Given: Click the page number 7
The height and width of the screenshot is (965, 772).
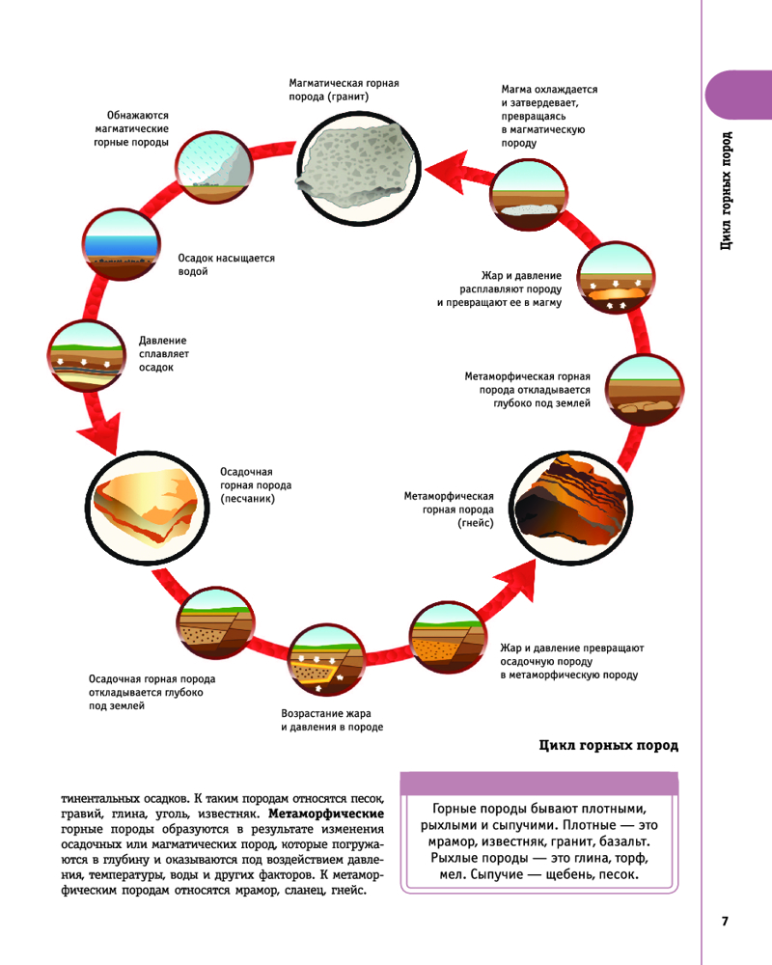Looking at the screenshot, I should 725,921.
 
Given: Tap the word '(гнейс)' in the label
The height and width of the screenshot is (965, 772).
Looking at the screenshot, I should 476,524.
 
